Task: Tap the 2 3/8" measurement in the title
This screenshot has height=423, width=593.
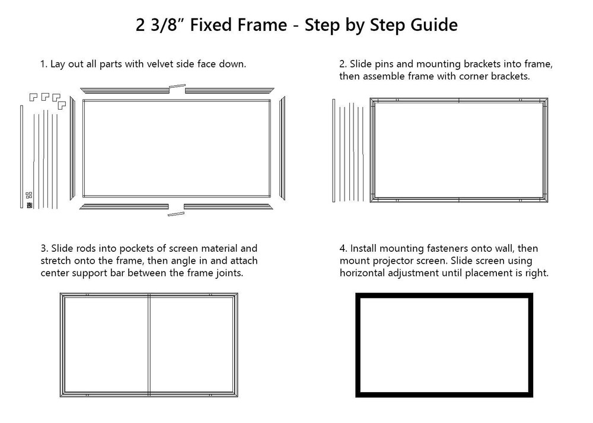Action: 158,25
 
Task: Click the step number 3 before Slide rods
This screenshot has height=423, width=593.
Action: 43,248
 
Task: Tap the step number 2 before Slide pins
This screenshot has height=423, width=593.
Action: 342,64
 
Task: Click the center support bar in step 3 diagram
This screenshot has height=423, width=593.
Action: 149,344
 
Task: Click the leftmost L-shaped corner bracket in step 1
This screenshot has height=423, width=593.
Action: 33,95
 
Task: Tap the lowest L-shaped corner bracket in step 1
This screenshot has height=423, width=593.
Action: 61,105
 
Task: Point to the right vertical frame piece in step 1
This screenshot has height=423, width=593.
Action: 282,148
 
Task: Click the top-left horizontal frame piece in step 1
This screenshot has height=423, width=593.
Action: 124,90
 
